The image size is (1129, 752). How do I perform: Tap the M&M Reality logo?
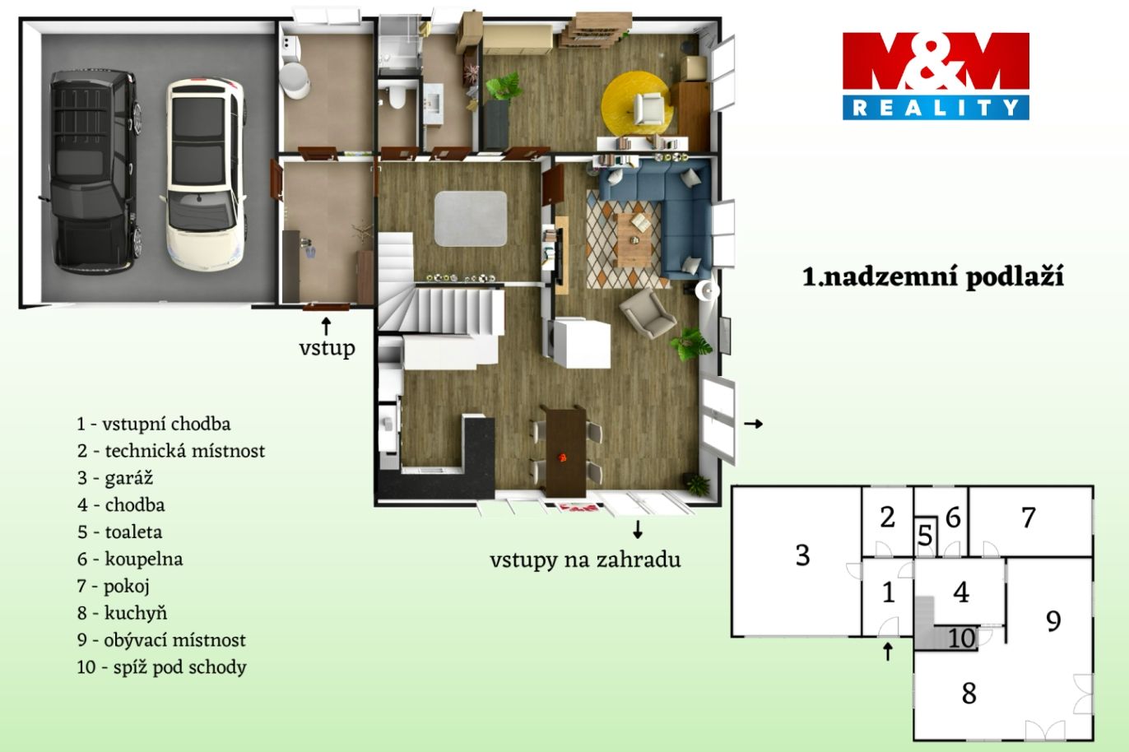936,77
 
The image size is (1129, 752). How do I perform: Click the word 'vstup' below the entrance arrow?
328,348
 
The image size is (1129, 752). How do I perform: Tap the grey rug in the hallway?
471,219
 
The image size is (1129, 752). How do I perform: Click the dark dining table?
565,452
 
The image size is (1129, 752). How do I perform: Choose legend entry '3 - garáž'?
115,478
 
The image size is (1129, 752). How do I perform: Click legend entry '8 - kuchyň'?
122,614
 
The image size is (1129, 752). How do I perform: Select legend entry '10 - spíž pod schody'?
162,667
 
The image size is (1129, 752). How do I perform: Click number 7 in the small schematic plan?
1029,518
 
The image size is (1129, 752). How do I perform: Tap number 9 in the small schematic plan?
1053,621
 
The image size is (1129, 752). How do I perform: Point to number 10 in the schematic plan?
962,638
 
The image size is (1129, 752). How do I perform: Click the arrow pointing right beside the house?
754,424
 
